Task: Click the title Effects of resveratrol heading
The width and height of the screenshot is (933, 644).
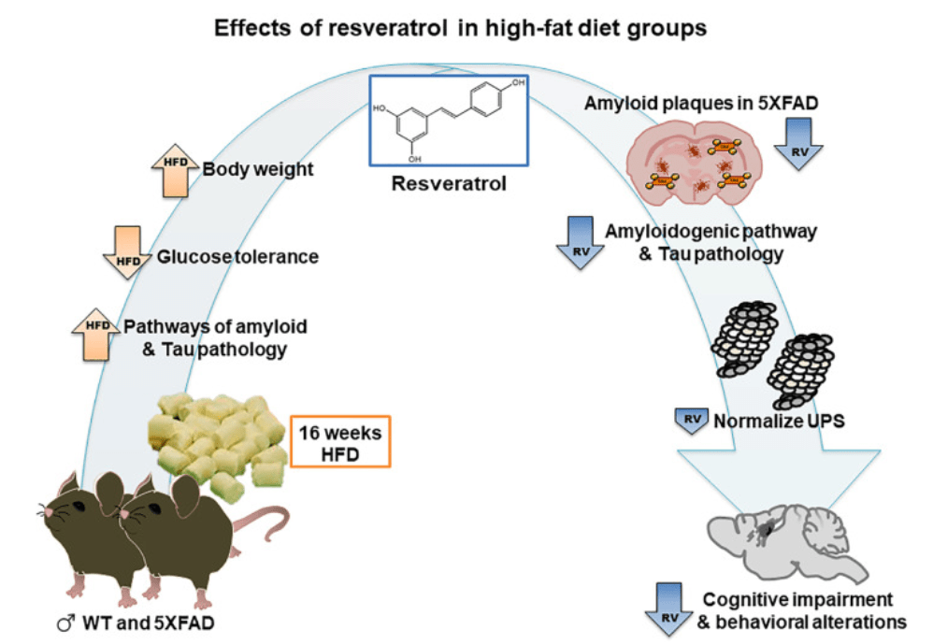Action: pos(460,27)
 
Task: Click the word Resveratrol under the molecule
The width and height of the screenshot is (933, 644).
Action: pos(449,183)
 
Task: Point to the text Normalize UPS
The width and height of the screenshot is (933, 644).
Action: pos(779,421)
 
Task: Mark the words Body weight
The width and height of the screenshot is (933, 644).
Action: pos(245,171)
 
